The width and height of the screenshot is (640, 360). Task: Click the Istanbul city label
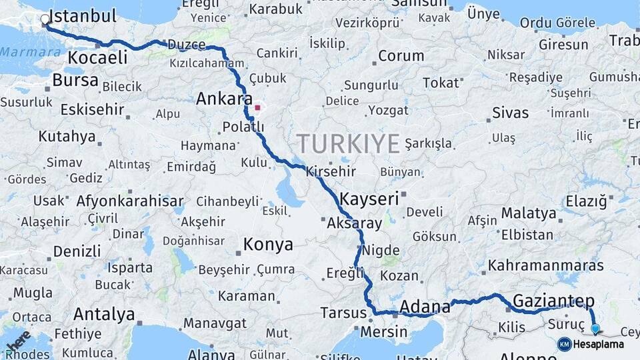(x=83, y=16)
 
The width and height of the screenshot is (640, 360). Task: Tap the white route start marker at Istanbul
(x=45, y=20)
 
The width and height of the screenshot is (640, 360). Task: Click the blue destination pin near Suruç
(x=595, y=328)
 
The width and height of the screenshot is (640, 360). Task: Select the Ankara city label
(x=224, y=99)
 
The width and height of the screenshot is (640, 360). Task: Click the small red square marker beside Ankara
(x=257, y=107)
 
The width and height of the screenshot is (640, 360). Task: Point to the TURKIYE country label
(x=348, y=143)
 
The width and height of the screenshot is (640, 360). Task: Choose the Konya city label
(x=267, y=245)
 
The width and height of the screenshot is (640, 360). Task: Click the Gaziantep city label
(x=553, y=299)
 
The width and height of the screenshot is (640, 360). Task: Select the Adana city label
(x=425, y=307)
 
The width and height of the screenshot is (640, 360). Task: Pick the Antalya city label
(x=104, y=313)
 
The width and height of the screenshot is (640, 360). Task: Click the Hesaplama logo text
(x=599, y=345)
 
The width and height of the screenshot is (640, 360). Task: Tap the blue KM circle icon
(x=564, y=344)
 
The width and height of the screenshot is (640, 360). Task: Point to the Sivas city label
(x=510, y=113)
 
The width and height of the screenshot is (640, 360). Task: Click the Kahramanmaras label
(x=545, y=265)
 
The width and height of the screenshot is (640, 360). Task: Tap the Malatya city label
(x=529, y=213)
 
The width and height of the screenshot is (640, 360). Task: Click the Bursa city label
(x=75, y=81)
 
